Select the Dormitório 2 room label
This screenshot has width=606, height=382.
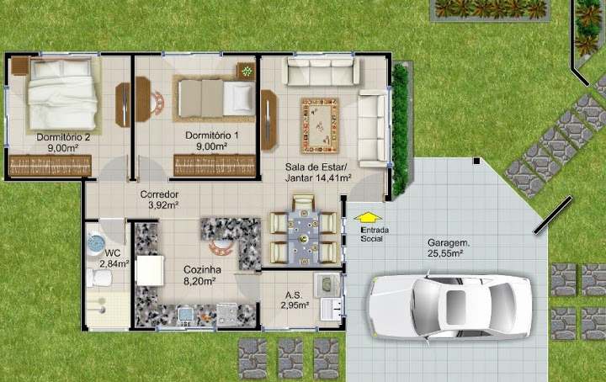pos(63,142)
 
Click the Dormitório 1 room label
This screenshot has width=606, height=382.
pos(211,141)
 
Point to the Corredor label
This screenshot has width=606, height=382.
pos(160,199)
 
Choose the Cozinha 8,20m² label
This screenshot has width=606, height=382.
pos(201,275)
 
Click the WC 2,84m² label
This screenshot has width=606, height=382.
pos(114,259)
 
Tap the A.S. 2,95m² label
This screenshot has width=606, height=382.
pos(295,300)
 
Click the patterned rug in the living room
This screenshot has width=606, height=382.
pos(320,125)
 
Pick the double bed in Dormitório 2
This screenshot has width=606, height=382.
pos(61,94)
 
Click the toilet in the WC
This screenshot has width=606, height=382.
pos(99,279)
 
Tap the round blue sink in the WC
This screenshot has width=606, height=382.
pos(96,243)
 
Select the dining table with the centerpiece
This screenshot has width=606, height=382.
pos(303,237)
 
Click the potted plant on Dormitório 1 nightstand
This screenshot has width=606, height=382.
pos(246,72)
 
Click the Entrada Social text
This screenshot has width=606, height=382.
pos(375,235)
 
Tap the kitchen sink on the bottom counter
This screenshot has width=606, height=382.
pos(185,315)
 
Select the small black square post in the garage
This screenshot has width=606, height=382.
pos(477,161)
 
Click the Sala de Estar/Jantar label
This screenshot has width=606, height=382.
pos(318,172)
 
